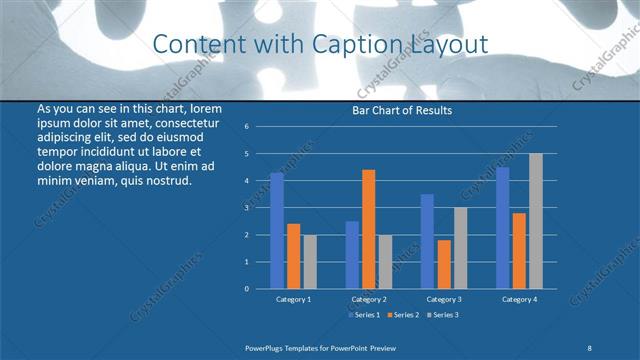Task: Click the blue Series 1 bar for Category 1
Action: pyautogui.click(x=277, y=231)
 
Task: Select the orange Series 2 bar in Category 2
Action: pyautogui.click(x=368, y=229)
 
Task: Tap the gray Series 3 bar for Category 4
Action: pyautogui.click(x=536, y=221)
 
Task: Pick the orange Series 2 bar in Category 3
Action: pyautogui.click(x=444, y=264)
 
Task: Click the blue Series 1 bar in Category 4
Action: pyautogui.click(x=503, y=228)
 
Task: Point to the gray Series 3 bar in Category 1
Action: pyautogui.click(x=309, y=261)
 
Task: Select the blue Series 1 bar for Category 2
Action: pyautogui.click(x=352, y=255)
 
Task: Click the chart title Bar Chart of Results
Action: pyautogui.click(x=402, y=110)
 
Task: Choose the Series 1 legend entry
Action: pyautogui.click(x=365, y=314)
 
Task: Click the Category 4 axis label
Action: pyautogui.click(x=519, y=299)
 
